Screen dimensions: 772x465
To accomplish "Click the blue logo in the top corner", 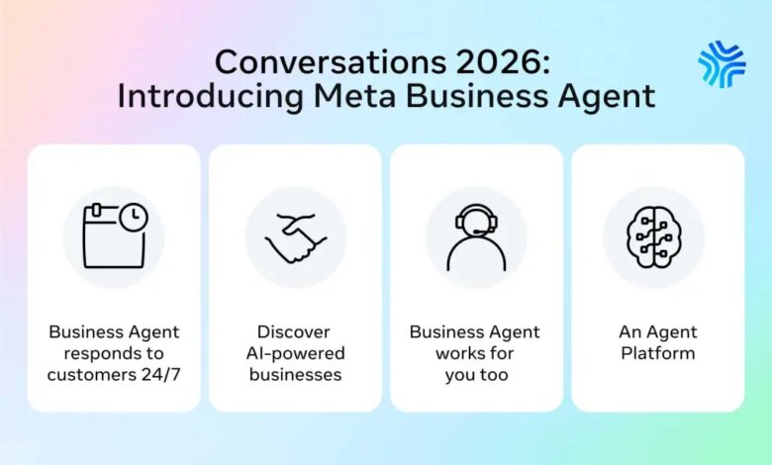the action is point(722,64).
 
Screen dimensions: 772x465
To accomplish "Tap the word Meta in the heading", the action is point(355,95).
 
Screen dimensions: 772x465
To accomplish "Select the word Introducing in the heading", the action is point(210,95).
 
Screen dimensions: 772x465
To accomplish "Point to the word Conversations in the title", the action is point(331,62).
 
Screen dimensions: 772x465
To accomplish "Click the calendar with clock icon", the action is point(115,235).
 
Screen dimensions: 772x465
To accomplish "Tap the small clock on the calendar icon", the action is point(134,217).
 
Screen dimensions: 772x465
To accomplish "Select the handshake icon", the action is point(296,238).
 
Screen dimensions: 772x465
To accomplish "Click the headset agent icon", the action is point(477,237).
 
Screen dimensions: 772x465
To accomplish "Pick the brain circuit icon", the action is point(654,237).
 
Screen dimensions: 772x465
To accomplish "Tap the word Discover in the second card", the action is point(293,332).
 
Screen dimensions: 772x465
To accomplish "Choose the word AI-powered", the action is point(295,354).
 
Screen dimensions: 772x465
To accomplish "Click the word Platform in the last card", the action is point(658,353).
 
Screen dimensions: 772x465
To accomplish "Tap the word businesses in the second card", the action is point(295,374).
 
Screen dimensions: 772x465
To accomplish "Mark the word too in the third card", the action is point(494,375).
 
